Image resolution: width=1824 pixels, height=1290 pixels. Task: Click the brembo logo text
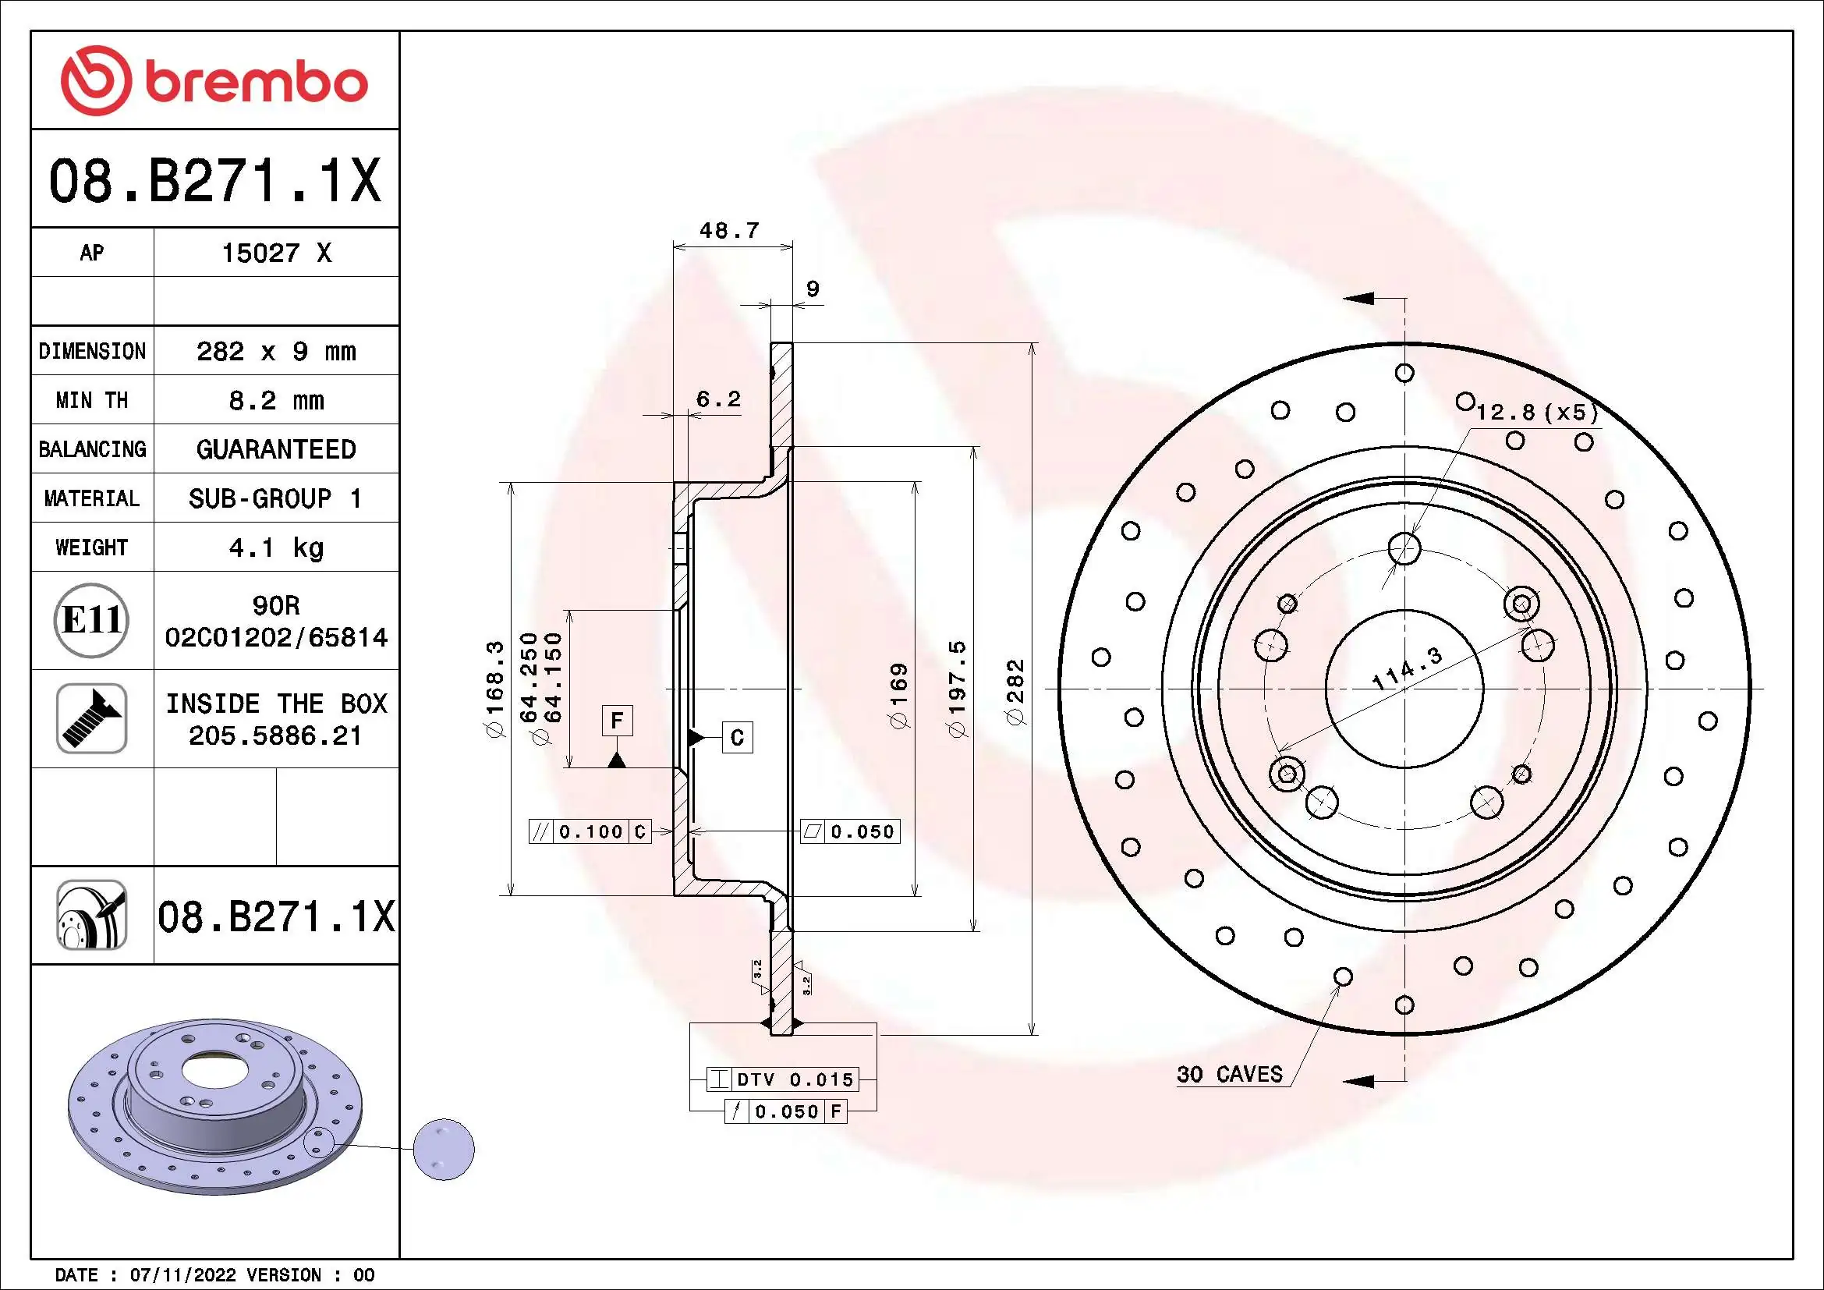pos(256,83)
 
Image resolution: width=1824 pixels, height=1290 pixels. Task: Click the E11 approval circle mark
pos(91,620)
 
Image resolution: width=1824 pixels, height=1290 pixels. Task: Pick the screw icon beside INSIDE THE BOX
pos(91,718)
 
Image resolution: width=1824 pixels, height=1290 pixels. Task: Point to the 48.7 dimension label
pos(728,231)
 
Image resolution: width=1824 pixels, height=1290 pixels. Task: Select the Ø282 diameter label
pos(1016,691)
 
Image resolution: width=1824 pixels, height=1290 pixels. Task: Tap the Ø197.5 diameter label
pos(958,688)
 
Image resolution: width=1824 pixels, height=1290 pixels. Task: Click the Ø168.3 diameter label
pos(495,689)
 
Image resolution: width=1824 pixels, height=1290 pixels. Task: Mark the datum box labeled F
pos(617,721)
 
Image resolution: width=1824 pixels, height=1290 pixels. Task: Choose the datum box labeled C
pos(736,738)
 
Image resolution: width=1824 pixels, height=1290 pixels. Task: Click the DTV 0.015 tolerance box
pos(782,1079)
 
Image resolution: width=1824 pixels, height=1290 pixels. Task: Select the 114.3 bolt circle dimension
pos(1407,669)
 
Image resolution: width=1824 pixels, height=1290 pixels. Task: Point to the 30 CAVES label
pos(1229,1075)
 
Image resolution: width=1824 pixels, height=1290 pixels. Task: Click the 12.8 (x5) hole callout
pos(1536,413)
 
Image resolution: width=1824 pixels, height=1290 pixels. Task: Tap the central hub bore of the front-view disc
pos(1404,689)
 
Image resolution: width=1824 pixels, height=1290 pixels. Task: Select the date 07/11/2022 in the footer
pos(182,1275)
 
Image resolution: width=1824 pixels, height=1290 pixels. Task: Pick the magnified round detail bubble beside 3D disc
pos(444,1150)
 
